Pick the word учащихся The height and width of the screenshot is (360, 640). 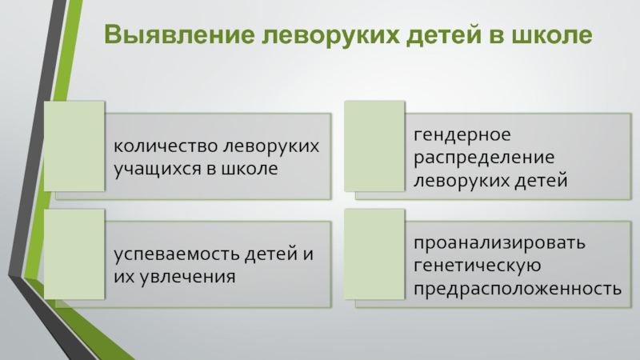[x=151, y=169]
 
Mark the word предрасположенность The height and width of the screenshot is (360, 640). [x=518, y=286]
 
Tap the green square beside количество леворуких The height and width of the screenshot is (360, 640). [x=74, y=146]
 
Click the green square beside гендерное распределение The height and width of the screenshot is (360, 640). [x=374, y=146]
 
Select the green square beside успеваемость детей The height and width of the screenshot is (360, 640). [x=74, y=254]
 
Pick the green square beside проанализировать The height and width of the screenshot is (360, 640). [x=374, y=254]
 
